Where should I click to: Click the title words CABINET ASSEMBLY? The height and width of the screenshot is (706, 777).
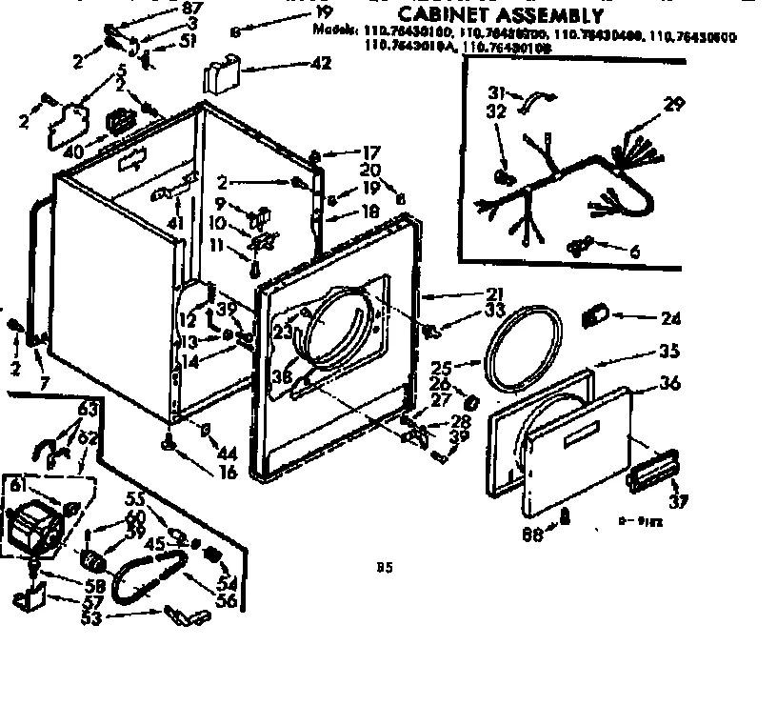coord(500,15)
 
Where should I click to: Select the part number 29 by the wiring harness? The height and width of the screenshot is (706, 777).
coord(674,105)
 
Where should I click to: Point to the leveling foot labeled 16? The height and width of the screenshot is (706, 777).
coord(169,441)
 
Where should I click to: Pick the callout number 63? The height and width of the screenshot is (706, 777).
coord(88,410)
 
